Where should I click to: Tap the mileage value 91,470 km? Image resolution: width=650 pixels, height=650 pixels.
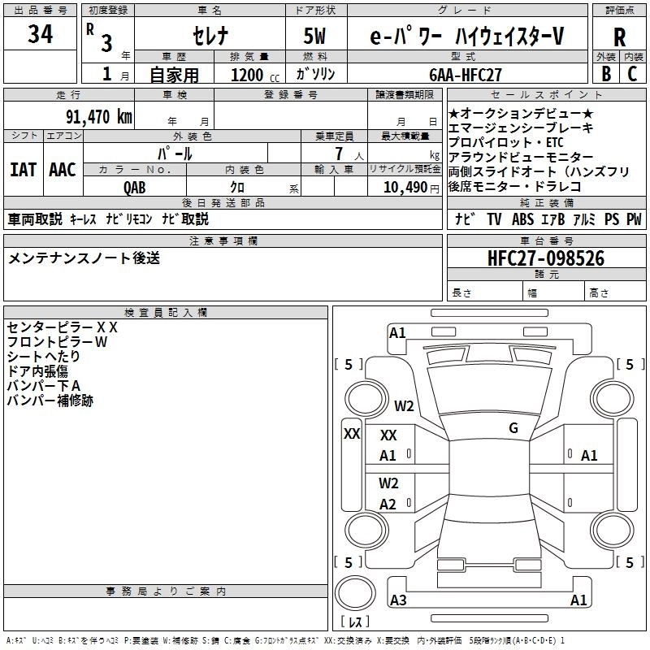tap(100, 116)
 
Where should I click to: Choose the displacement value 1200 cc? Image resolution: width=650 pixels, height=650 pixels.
tap(249, 75)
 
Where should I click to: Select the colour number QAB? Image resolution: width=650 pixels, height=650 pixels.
tap(135, 186)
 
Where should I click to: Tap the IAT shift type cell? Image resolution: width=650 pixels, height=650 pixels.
tap(23, 169)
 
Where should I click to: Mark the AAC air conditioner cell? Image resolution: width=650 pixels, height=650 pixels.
tap(63, 169)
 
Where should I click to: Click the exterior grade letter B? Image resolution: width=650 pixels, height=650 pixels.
tap(605, 73)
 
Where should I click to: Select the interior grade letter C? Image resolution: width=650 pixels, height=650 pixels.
tap(632, 73)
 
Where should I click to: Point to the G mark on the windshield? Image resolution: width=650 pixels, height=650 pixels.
tap(513, 428)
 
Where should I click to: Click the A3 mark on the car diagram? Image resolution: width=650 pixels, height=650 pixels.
tap(398, 600)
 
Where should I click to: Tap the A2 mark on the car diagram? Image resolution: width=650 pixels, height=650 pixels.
tap(388, 504)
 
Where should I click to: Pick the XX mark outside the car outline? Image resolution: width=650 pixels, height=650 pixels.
tap(352, 434)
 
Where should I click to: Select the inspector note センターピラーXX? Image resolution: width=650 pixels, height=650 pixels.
tap(63, 327)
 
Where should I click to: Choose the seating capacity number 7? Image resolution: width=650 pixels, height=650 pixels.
tap(336, 154)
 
